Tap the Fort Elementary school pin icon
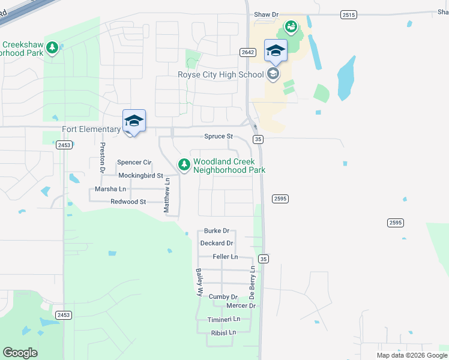click(134, 121)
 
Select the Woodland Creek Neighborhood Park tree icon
click(184, 163)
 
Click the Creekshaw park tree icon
click(52, 47)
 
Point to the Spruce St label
click(218, 137)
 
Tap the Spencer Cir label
click(134, 163)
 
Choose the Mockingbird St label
click(140, 176)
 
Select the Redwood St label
click(128, 202)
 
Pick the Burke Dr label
click(217, 230)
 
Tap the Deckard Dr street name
click(217, 243)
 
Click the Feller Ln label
click(225, 257)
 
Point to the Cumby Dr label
click(223, 296)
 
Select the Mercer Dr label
click(241, 306)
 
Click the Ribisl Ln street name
click(223, 332)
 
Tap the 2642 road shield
click(247, 52)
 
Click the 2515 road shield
click(348, 14)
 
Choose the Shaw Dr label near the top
click(267, 14)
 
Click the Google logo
click(20, 353)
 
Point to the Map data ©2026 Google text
click(412, 355)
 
